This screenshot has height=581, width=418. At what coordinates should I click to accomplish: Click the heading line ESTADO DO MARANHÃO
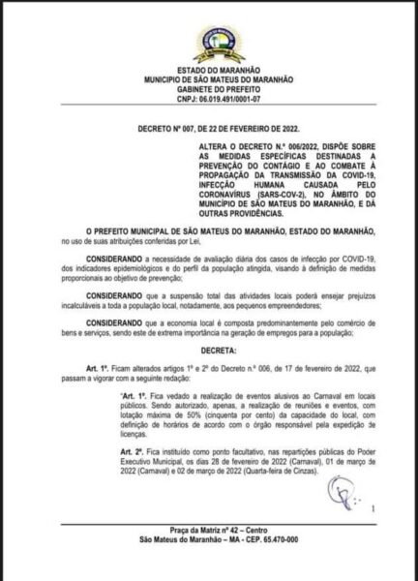coord(210,67)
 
